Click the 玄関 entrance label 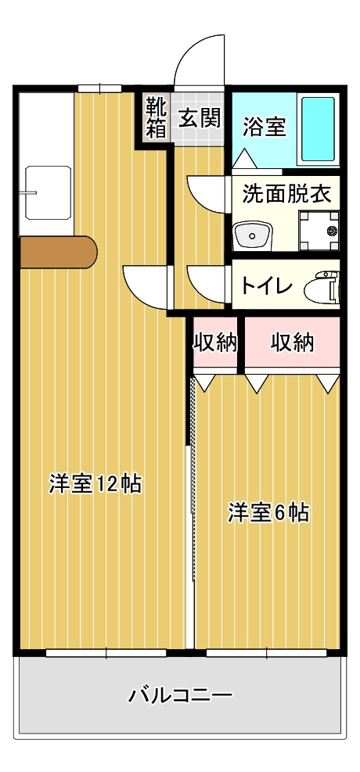coord(199,119)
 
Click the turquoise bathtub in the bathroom coord(318,129)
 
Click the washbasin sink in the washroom coord(253,235)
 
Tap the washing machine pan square coord(319,231)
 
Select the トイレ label coord(266,286)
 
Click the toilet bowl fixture coord(322,286)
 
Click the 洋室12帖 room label coord(95,483)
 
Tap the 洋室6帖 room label coord(268,512)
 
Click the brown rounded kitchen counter coord(58,252)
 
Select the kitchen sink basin coord(48,192)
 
